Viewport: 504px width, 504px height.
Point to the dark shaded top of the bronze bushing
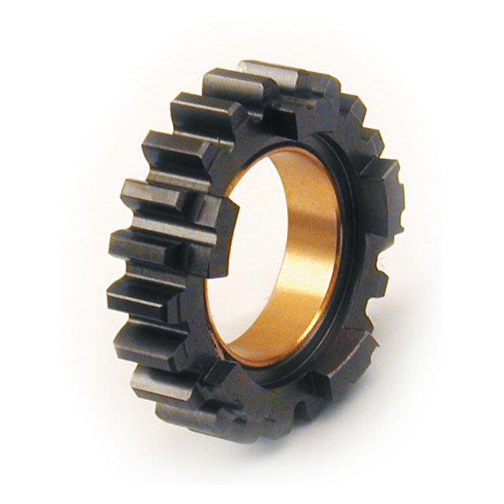point(295,155)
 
